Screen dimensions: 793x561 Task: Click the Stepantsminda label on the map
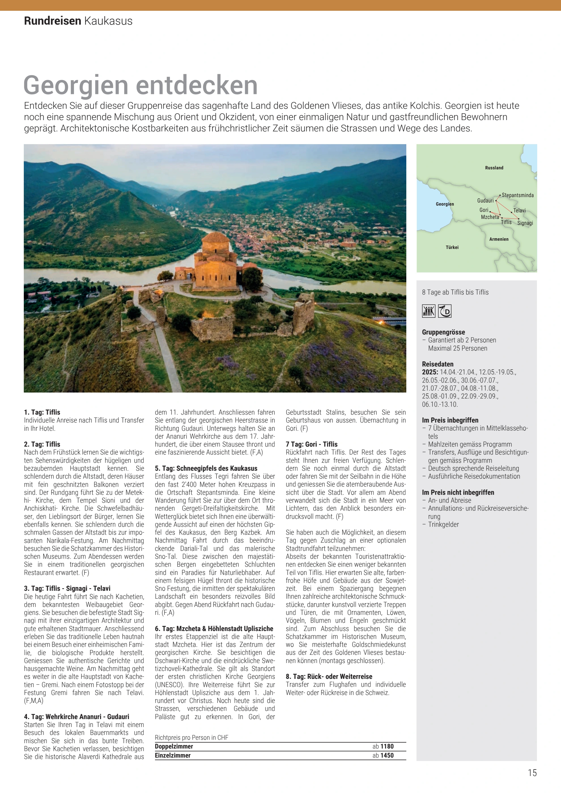tap(517, 195)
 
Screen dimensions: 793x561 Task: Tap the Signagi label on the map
tap(525, 223)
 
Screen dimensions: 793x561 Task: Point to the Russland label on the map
tap(494, 168)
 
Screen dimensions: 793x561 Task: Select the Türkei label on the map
tap(452, 247)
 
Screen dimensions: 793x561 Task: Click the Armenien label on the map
tap(498, 239)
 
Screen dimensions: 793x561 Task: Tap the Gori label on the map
tap(484, 210)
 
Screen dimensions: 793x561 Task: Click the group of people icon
tap(428, 311)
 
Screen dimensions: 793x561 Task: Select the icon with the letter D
tap(445, 311)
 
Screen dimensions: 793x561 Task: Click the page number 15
tap(532, 773)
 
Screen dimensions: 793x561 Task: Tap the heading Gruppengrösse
tap(443, 332)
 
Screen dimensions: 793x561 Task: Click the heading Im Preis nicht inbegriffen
tap(458, 492)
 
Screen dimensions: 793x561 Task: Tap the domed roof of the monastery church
tap(215, 238)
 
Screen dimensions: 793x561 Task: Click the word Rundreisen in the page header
tap(52, 21)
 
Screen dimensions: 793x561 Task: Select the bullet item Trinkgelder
tap(443, 524)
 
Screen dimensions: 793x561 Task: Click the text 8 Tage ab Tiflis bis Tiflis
tap(455, 292)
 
